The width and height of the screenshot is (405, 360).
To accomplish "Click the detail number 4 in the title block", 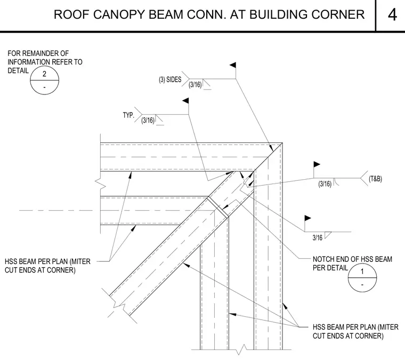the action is (x=392, y=14).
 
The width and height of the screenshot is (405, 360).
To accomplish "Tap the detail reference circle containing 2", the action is (x=44, y=80).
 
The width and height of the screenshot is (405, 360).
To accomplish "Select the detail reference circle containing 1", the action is (x=362, y=277).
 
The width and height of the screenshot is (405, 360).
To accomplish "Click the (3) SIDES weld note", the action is (x=170, y=79).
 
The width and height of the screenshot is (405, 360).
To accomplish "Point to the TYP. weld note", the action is (x=128, y=115).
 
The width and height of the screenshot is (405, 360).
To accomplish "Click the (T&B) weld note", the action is (x=375, y=179).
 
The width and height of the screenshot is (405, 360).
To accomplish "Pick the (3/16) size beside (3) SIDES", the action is (x=195, y=84).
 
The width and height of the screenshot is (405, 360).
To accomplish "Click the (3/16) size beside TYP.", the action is (x=148, y=120).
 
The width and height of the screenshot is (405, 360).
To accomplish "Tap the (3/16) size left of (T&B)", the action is (x=325, y=184).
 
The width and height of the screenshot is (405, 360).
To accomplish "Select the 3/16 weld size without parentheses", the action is (x=318, y=237).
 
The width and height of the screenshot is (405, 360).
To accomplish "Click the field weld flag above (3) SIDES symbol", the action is (x=233, y=65).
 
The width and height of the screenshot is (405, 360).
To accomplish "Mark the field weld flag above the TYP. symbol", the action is (x=185, y=101).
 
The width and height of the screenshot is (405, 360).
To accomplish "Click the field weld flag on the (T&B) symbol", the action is (x=317, y=164).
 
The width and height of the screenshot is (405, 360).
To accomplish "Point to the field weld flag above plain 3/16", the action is (x=307, y=218).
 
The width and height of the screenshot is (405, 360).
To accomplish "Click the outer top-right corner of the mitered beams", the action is (x=282, y=142).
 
